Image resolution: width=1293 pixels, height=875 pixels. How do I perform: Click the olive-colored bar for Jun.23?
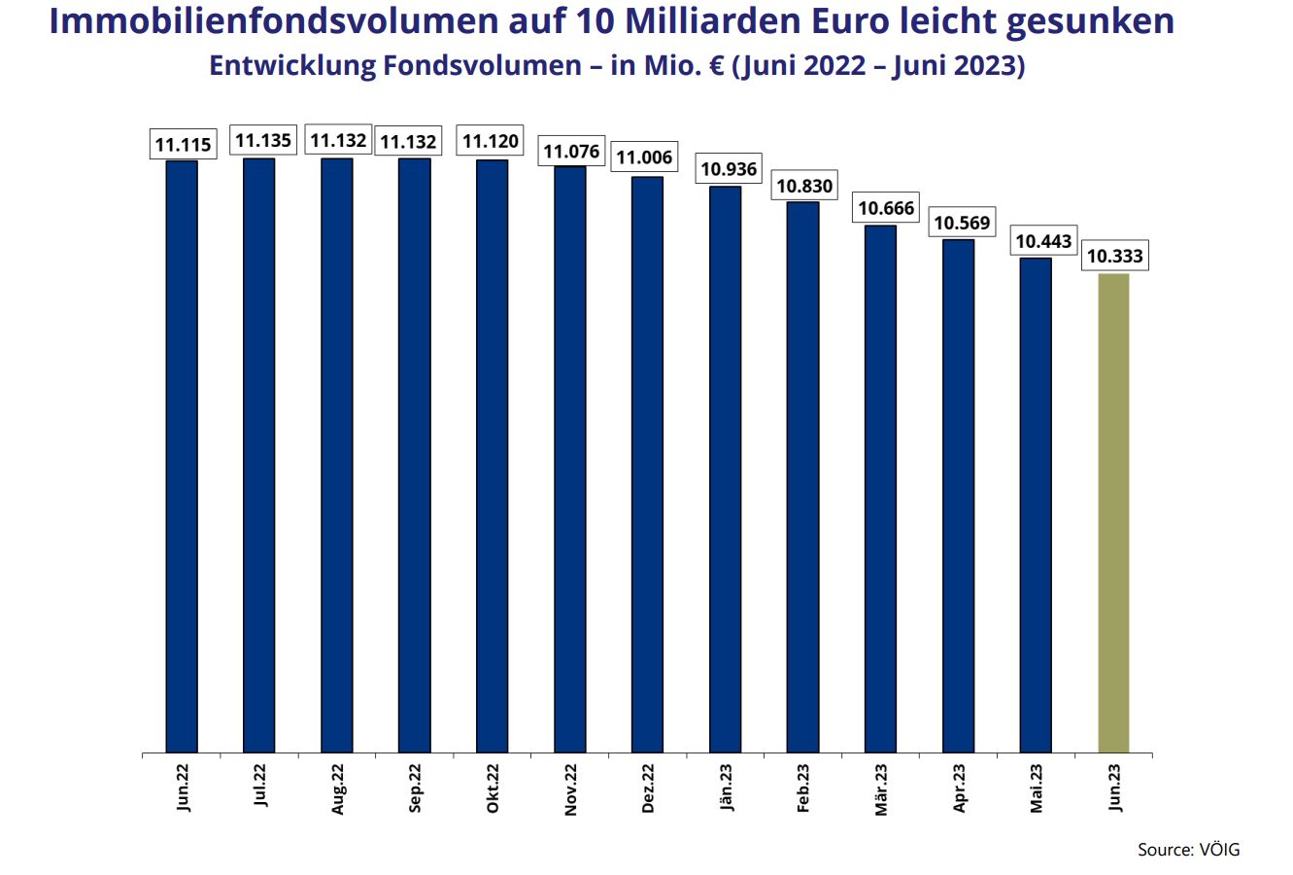click(1113, 513)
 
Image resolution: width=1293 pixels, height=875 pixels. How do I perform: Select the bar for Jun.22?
click(182, 456)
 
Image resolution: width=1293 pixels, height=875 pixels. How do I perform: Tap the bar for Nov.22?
click(570, 459)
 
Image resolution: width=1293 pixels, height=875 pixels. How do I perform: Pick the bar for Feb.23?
click(802, 476)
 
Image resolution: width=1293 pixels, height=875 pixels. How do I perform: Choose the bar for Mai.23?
click(1036, 505)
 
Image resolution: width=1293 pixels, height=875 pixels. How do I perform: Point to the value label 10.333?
click(1114, 258)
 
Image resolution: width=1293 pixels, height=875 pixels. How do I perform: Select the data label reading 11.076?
click(571, 152)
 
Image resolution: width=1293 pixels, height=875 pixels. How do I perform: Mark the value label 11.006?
click(645, 157)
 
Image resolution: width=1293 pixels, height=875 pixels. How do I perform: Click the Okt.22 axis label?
click(493, 788)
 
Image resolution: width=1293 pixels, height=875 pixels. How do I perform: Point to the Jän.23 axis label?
click(726, 788)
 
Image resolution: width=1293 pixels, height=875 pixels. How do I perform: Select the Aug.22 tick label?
click(337, 788)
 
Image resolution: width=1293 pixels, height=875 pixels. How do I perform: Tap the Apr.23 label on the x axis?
click(959, 788)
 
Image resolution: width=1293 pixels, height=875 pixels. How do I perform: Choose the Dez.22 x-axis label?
click(648, 788)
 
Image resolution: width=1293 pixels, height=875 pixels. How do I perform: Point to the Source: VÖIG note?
click(1188, 850)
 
